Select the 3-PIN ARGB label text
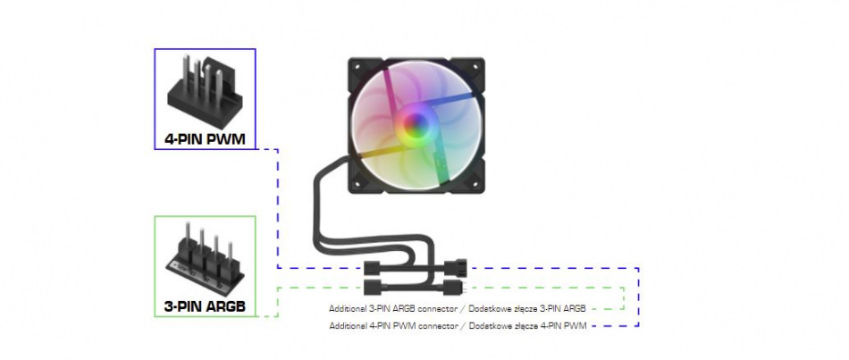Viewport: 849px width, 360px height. pyautogui.click(x=205, y=307)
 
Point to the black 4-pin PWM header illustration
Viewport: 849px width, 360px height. pyautogui.click(x=205, y=89)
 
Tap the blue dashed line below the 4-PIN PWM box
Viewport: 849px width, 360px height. pyautogui.click(x=279, y=205)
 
